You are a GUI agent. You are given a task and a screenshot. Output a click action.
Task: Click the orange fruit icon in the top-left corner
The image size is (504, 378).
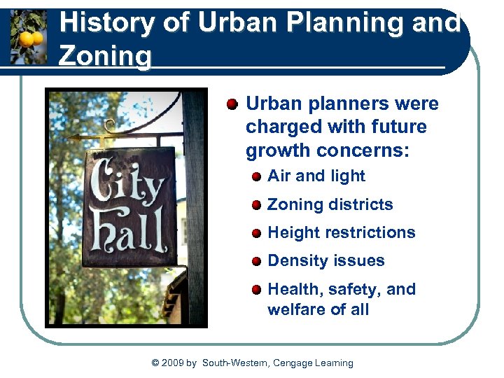click(29, 36)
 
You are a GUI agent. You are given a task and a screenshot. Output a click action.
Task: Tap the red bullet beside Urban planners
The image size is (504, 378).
click(232, 105)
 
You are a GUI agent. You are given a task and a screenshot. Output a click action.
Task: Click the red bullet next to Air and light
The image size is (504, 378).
click(257, 176)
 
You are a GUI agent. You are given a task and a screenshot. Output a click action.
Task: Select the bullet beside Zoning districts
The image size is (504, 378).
click(257, 205)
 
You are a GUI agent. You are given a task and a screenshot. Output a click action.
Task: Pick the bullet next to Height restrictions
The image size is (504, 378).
click(257, 233)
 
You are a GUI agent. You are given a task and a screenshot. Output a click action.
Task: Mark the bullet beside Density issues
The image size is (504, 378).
click(257, 261)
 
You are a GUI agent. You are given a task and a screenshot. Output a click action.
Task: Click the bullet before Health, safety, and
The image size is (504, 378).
click(257, 289)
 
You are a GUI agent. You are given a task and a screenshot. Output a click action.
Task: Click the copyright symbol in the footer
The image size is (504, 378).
click(155, 363)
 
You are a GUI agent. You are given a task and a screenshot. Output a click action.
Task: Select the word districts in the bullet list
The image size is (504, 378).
click(360, 204)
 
